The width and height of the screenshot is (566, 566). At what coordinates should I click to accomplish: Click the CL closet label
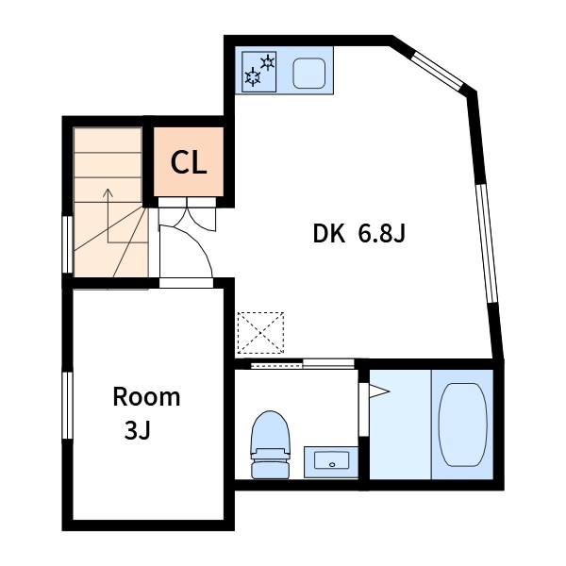click(x=189, y=163)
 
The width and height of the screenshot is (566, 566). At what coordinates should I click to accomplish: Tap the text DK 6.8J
click(x=359, y=234)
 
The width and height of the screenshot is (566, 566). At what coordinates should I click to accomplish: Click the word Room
click(x=146, y=397)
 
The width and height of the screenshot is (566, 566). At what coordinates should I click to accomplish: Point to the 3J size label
click(x=137, y=430)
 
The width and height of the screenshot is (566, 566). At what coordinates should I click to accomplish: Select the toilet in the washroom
click(x=271, y=444)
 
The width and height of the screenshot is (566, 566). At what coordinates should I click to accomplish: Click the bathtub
click(x=463, y=424)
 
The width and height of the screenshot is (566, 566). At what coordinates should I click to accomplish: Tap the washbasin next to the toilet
click(x=331, y=461)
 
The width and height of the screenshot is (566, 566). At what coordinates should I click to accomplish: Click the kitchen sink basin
click(x=309, y=74)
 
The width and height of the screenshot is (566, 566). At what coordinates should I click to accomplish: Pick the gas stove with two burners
click(x=259, y=72)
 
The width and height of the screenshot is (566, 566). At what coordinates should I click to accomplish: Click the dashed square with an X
click(x=260, y=332)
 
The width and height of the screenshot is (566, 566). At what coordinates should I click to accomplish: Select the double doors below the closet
click(x=187, y=215)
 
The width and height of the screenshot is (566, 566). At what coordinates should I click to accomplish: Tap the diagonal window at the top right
click(x=437, y=71)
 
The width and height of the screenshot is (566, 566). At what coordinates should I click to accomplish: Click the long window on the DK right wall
click(x=488, y=243)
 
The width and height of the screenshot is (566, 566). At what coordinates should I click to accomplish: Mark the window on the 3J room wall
click(x=68, y=406)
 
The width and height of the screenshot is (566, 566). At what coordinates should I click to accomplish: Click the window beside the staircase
click(x=68, y=244)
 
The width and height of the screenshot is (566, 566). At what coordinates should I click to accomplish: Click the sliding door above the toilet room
click(x=303, y=364)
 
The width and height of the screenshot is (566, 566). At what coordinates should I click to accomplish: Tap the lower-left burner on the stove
click(x=253, y=77)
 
